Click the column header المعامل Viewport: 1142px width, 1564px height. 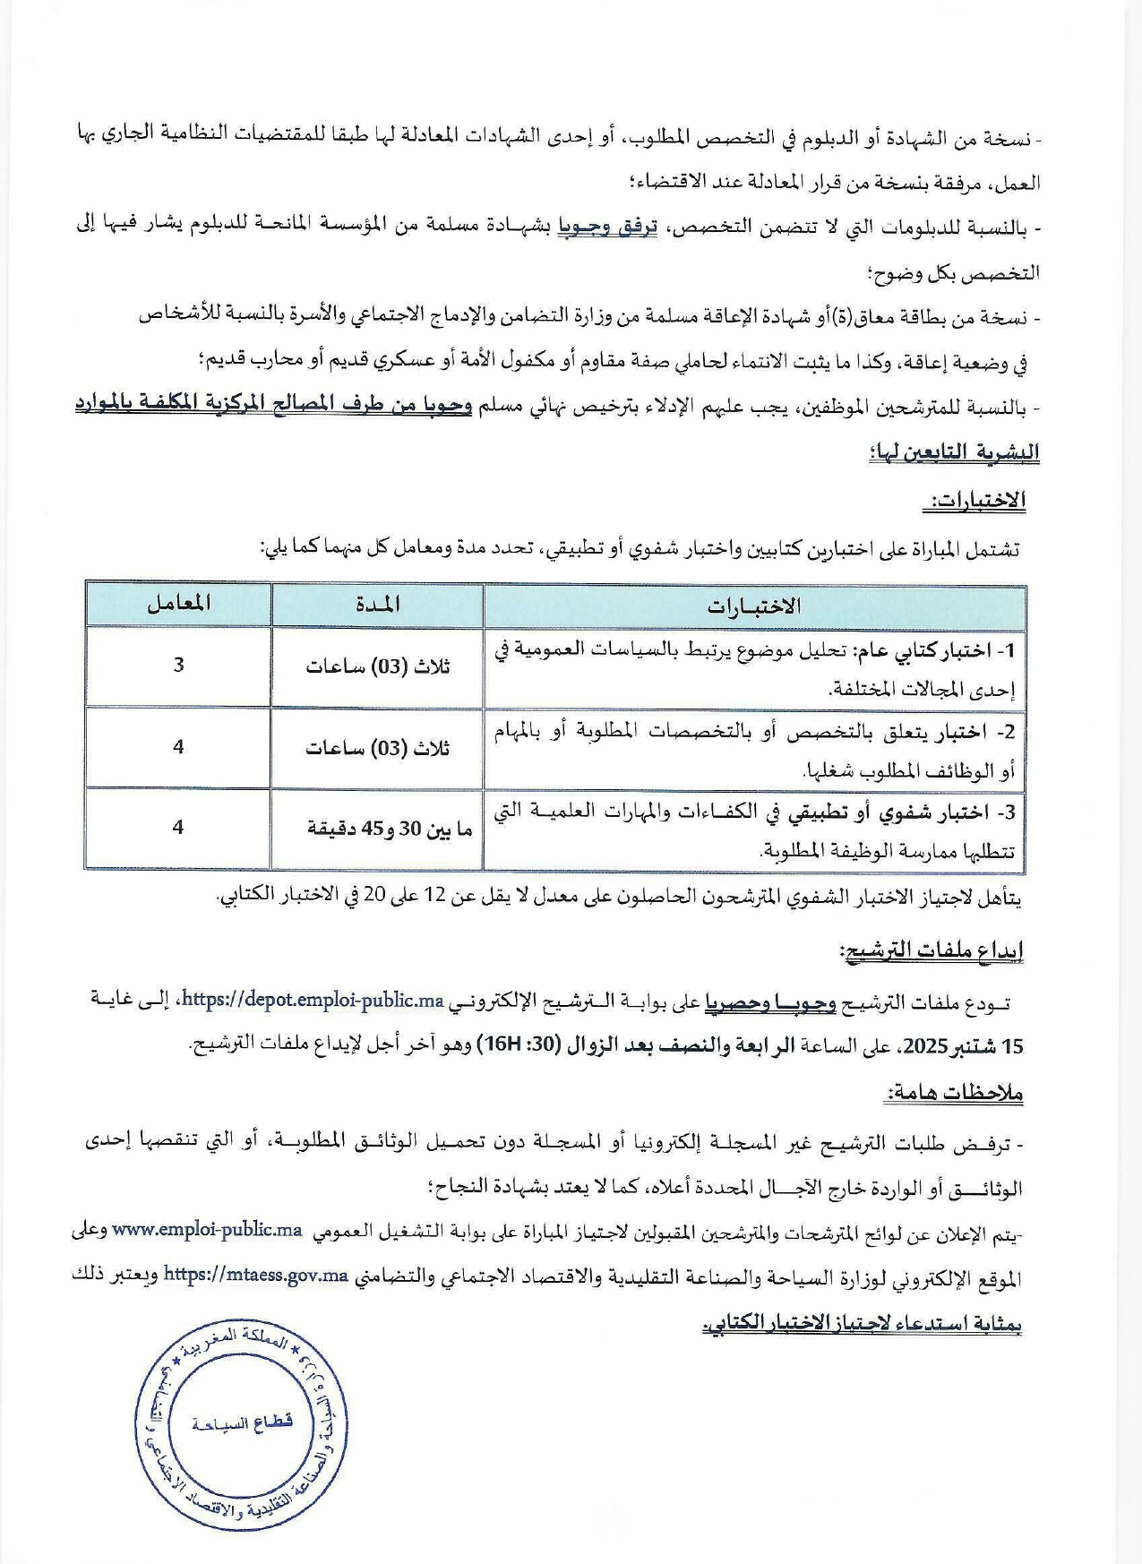coord(179,604)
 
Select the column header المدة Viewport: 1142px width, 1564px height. coord(377,605)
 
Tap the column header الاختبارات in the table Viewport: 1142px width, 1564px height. coord(753,606)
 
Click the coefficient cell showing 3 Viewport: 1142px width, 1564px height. coord(179,664)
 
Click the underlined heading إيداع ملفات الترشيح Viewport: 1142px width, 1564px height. coord(931,950)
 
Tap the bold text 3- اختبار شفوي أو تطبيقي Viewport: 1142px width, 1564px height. coord(898,812)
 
